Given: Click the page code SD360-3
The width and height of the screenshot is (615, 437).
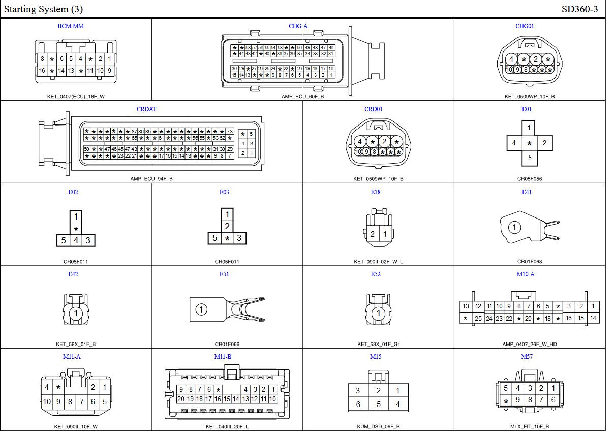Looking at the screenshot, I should coord(579,9).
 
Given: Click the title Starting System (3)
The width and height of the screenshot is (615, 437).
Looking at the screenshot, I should coord(43,9).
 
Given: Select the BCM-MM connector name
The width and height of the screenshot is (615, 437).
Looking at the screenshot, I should coord(71,26).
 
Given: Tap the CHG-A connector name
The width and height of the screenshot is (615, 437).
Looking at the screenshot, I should coord(298,26).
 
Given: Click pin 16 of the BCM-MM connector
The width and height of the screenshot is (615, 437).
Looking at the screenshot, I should coord(42,71).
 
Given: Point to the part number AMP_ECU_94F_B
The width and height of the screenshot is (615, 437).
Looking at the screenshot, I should coord(151,179).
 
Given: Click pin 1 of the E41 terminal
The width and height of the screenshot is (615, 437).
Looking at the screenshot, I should coord(514,227).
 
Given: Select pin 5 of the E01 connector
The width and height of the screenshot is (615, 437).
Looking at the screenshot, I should coord(529,158).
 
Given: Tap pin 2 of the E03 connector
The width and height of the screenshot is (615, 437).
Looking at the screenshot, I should coord(227,226).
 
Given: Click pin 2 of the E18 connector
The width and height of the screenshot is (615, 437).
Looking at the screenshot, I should coord(373,234).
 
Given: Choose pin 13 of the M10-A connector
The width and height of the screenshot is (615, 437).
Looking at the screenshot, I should coord(466,306).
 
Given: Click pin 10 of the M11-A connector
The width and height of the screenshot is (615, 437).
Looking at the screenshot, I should coord(47,401).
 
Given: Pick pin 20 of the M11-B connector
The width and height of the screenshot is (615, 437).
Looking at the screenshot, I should coord(181,399).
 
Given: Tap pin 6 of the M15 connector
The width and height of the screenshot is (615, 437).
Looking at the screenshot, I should coord(358,404).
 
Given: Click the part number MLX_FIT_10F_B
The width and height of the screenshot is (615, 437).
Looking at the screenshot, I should coord(530,427).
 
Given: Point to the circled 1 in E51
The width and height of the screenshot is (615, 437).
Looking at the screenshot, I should coord(201,309).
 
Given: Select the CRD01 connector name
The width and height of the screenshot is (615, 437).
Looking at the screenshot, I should coord(374,109).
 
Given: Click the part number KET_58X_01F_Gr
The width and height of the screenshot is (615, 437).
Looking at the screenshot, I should coord(378,344).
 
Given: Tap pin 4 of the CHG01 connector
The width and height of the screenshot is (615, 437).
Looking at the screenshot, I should coord(512,59).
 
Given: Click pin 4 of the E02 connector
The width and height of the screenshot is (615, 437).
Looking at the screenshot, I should coord(76,240).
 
